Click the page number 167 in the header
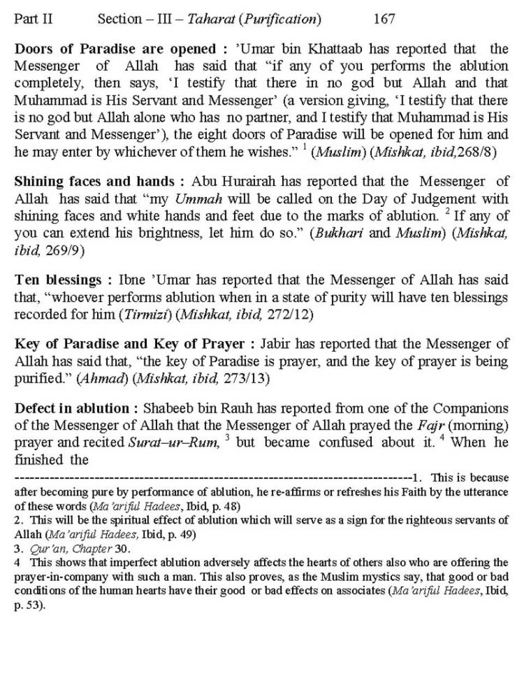point(384,19)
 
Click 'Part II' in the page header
point(33,19)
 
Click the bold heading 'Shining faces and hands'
point(94,181)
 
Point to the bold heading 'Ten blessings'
point(57,280)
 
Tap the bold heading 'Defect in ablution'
point(72,408)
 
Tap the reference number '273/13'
point(247,378)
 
